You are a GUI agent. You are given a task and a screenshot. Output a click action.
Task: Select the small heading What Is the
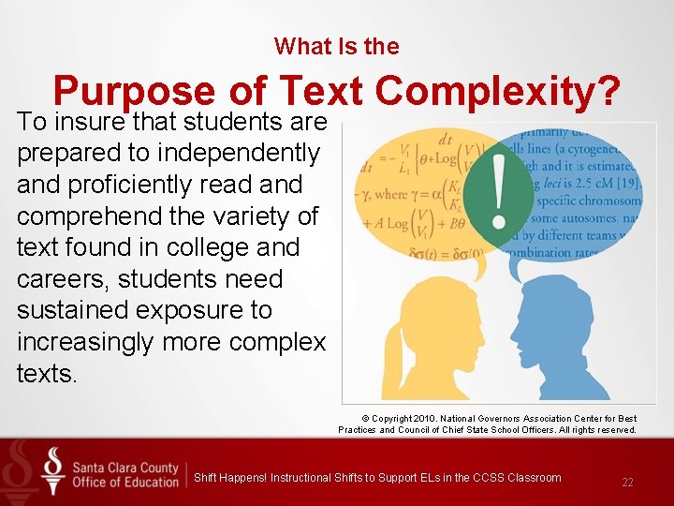336,46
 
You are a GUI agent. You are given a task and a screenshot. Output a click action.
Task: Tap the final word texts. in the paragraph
46,373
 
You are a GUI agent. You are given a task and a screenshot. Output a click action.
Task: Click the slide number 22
627,483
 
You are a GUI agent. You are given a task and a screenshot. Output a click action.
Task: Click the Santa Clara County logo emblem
53,471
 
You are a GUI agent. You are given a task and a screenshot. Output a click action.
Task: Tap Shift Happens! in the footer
229,478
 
